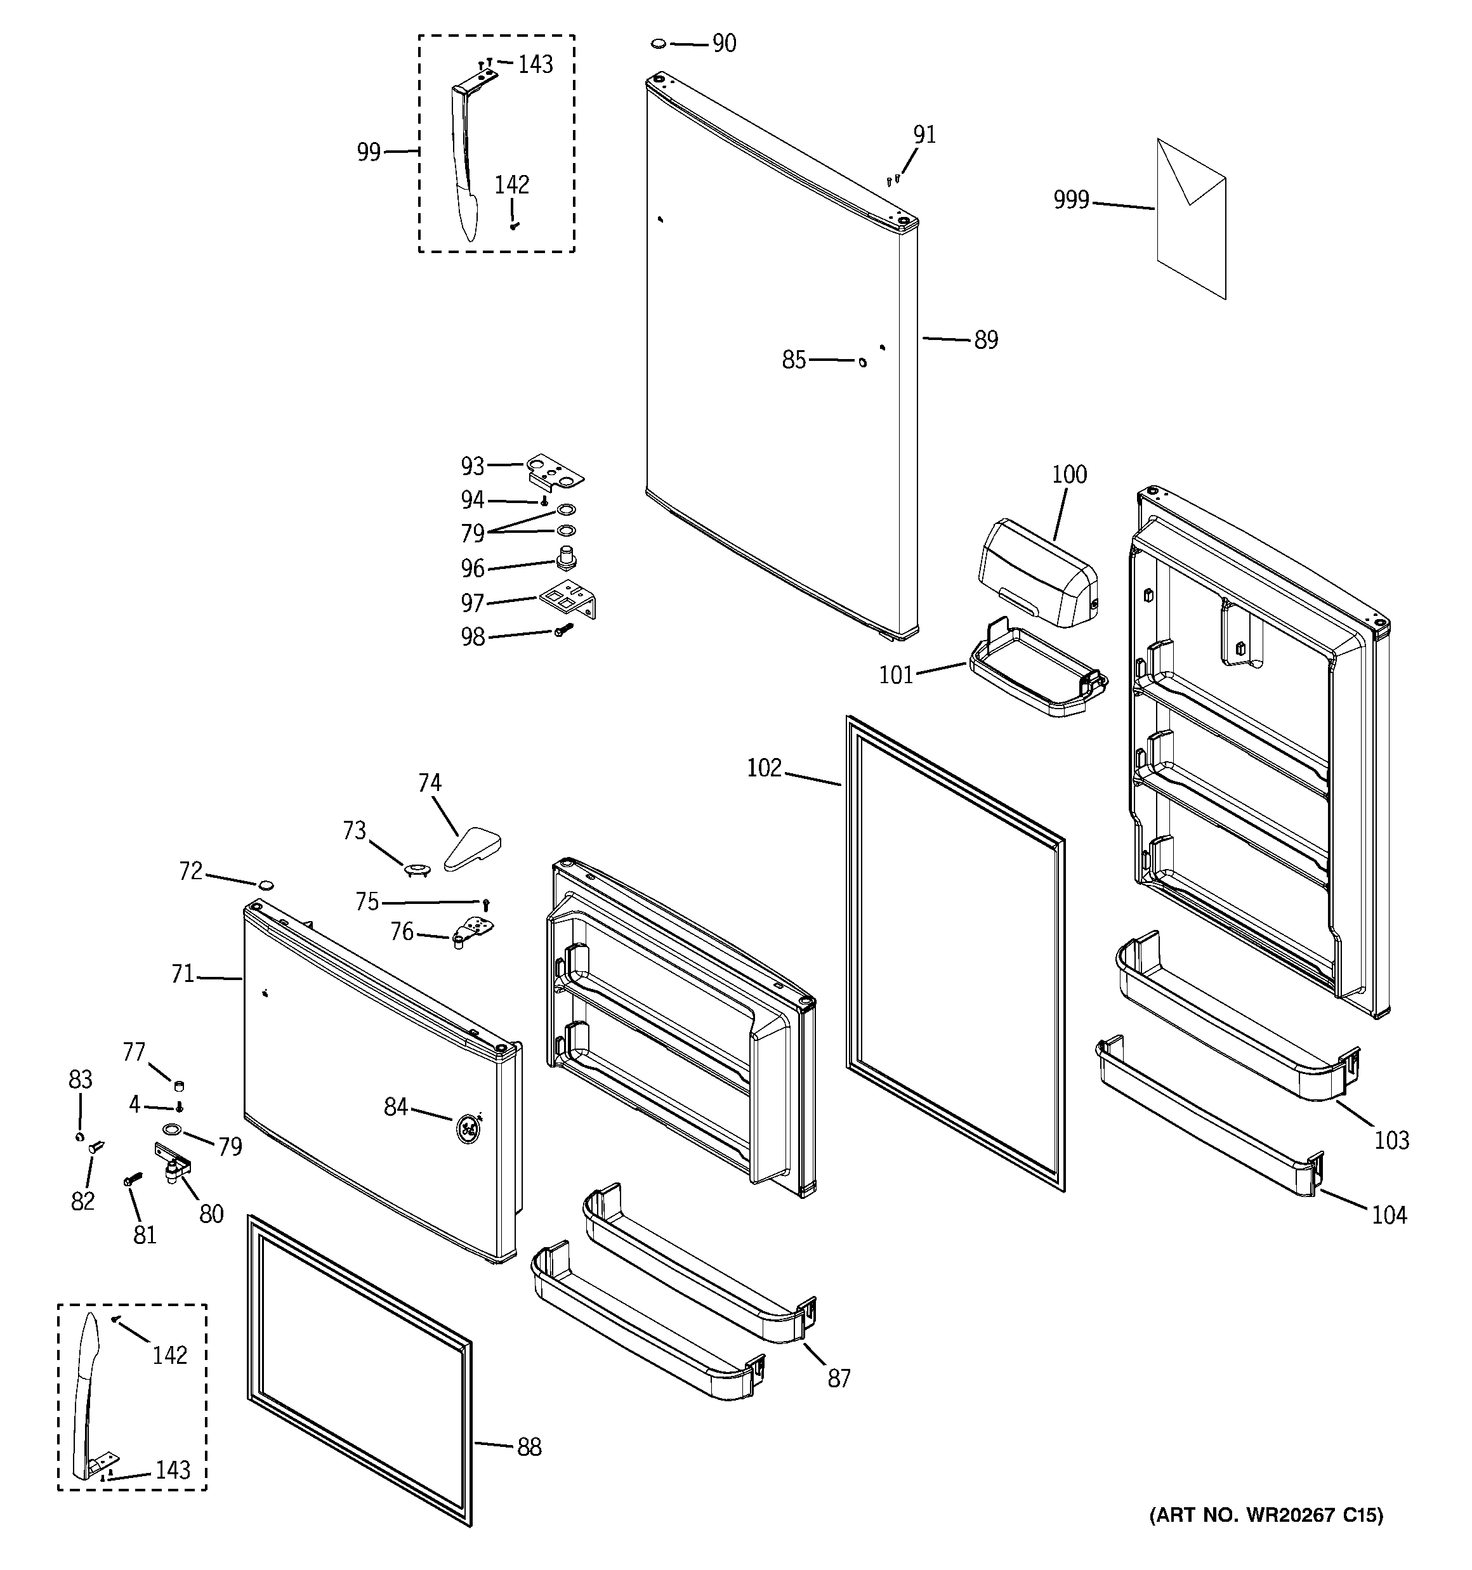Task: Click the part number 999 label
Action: tap(1070, 200)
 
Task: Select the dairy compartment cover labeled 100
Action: tap(1037, 575)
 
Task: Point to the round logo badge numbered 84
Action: tap(467, 1128)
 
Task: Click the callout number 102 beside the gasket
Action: tap(763, 768)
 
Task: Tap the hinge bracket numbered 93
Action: tap(554, 471)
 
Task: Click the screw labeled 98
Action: tap(563, 630)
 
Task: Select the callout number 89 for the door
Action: tap(985, 341)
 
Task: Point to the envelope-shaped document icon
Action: tap(1192, 219)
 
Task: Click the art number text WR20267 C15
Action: tap(1266, 1515)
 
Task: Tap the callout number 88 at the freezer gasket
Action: tap(529, 1447)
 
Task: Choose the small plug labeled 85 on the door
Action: tap(862, 362)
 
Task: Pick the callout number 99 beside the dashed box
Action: tap(368, 152)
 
